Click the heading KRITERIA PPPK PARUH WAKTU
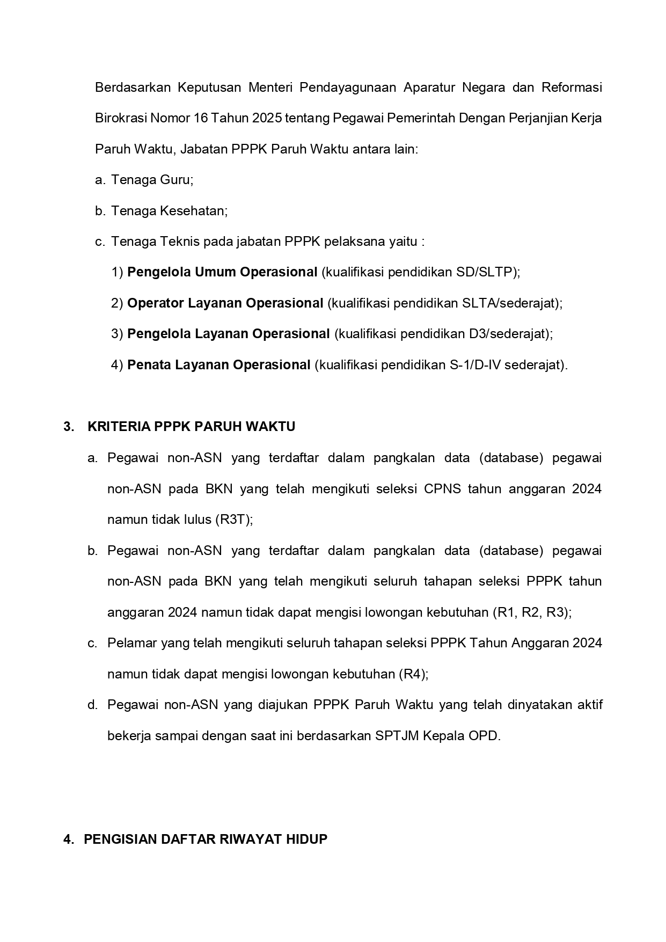click(x=191, y=427)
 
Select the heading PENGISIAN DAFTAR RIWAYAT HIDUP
click(x=206, y=839)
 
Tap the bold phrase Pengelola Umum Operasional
click(x=222, y=272)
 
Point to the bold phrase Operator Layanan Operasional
click(x=225, y=303)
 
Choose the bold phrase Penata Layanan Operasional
click(x=219, y=365)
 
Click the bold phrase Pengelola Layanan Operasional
click(x=228, y=334)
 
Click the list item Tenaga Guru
click(x=152, y=180)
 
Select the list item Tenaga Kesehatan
click(x=169, y=211)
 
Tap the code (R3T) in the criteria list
click(x=233, y=520)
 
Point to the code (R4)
click(x=413, y=674)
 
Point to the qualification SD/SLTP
click(x=486, y=272)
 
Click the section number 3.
click(x=68, y=427)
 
